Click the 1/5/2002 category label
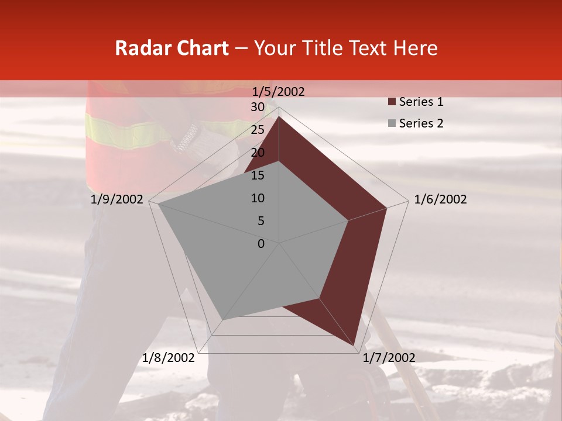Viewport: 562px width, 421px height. pos(279,91)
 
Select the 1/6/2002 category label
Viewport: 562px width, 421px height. pos(440,199)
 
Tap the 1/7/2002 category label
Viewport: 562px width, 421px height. pos(389,358)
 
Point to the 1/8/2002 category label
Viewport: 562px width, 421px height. pos(168,358)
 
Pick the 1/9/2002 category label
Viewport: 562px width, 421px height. pos(117,199)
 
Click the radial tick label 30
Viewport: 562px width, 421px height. pos(257,107)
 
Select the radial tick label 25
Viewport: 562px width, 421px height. pos(257,130)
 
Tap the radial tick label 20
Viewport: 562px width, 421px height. pos(257,153)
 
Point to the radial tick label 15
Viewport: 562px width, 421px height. pos(257,175)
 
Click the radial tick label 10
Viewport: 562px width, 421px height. pos(257,198)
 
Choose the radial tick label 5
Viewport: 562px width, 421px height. pos(261,221)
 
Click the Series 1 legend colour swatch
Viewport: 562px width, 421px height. pos(391,102)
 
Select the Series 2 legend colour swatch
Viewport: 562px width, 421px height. pos(391,123)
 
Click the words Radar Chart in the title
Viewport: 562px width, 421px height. pos(172,48)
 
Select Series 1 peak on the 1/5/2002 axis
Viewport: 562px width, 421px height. pos(279,116)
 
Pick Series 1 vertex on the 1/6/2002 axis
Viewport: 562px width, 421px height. pos(386,208)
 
